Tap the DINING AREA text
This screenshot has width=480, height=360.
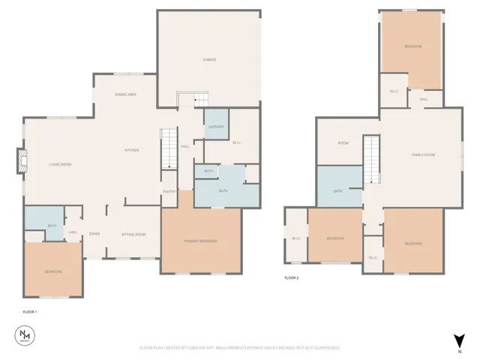pos(125,94)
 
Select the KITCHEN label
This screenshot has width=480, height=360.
pos(132,150)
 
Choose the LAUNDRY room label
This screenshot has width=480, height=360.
pos(216,127)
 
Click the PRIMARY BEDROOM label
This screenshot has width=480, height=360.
pos(200,241)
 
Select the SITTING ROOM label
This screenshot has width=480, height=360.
pos(133,234)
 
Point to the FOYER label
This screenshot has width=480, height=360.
pos(95,234)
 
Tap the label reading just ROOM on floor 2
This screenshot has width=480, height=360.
pos(343,142)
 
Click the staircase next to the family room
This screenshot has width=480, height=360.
pos(372,159)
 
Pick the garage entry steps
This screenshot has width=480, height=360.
pos(190,100)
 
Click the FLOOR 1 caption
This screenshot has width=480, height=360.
pos(30,311)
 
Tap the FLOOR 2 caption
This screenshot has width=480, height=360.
pos(292,278)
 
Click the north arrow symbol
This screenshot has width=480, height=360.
pos(457,340)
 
